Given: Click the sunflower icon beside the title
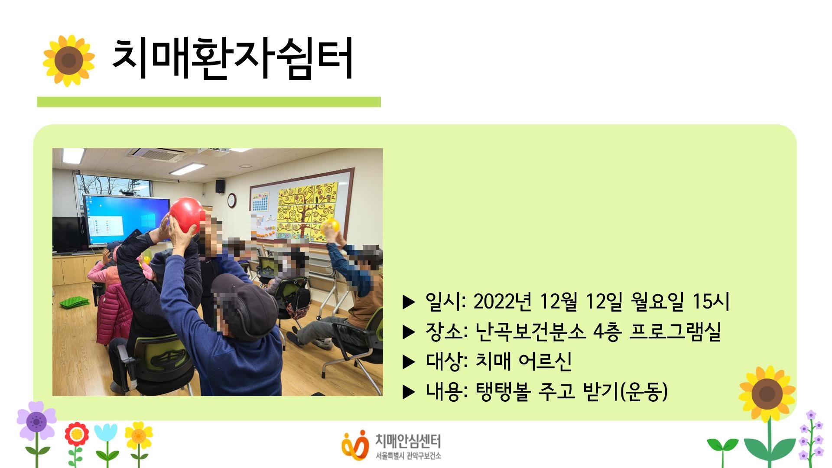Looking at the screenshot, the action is (x=68, y=60).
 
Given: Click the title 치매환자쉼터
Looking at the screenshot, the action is (x=232, y=58).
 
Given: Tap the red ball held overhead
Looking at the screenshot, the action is (x=186, y=214).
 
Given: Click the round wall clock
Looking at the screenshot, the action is (x=232, y=200).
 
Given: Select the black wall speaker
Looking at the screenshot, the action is (x=220, y=186).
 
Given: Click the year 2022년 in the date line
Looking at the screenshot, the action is (x=503, y=302).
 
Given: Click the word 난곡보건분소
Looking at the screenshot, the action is (x=530, y=332).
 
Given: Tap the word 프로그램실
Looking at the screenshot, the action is (x=675, y=332).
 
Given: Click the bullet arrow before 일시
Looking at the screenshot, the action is (x=409, y=302).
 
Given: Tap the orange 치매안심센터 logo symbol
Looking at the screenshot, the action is (x=354, y=444).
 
